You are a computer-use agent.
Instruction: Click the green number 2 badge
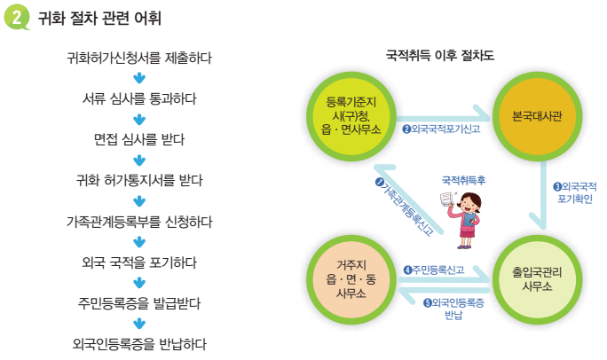(18, 19)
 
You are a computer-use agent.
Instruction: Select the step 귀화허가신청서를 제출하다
(139, 59)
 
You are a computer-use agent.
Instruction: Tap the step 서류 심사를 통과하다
(139, 99)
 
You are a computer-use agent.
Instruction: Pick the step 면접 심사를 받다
(139, 140)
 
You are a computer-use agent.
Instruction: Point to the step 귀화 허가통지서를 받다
(139, 181)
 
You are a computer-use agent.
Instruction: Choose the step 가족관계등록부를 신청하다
(139, 222)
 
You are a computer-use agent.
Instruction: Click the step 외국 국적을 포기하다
(139, 262)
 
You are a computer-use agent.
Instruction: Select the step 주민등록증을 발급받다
(139, 303)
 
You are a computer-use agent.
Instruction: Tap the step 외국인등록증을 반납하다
(139, 344)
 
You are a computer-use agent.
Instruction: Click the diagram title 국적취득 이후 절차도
(439, 55)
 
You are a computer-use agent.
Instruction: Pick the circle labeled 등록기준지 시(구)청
(347, 115)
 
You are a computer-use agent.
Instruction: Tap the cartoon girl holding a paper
(464, 213)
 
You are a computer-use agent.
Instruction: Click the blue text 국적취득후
(463, 179)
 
